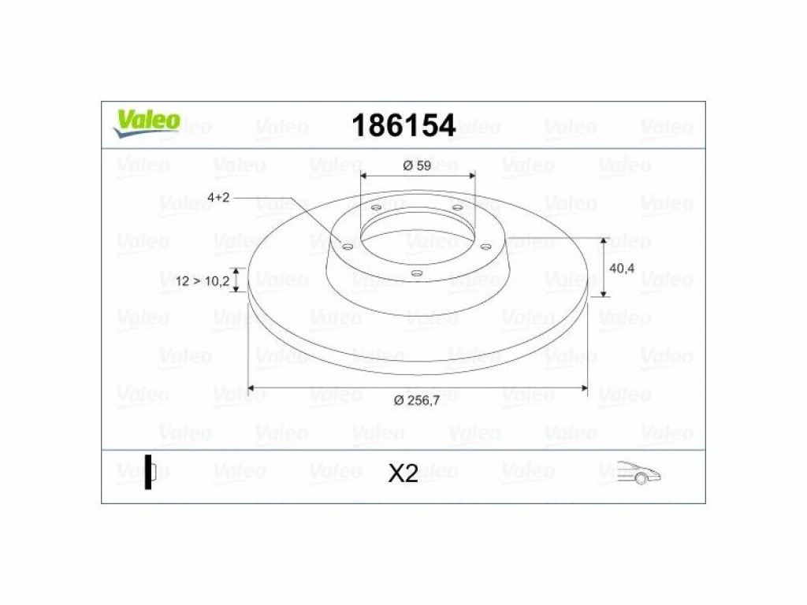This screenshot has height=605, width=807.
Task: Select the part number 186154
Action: [403, 125]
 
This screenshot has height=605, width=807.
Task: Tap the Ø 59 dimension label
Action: [417, 165]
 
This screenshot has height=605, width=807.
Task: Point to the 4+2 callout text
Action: [218, 197]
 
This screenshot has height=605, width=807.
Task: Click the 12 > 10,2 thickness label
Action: [203, 281]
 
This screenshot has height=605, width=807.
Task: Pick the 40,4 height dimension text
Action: [622, 268]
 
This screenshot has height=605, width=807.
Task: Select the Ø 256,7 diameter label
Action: [416, 400]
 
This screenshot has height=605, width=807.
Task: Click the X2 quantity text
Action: [403, 473]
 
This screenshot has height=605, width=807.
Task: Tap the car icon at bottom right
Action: [638, 473]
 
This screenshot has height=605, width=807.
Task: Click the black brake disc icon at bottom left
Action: [150, 472]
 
